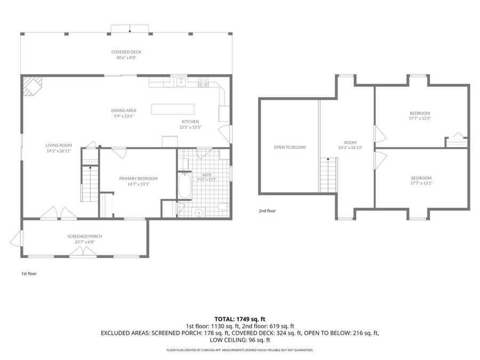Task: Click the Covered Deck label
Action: click(x=126, y=52)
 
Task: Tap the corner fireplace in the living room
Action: click(x=32, y=86)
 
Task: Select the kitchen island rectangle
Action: click(x=173, y=109)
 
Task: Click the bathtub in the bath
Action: click(x=185, y=186)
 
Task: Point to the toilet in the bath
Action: click(x=222, y=207)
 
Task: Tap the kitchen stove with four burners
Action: click(x=203, y=82)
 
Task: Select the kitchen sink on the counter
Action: click(x=181, y=82)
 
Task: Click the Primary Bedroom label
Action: click(x=138, y=179)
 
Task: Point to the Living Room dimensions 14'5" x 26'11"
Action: click(x=59, y=151)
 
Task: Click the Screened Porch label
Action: click(x=85, y=236)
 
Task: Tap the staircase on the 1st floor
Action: click(x=90, y=183)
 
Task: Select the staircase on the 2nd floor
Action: click(x=329, y=175)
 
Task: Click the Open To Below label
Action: click(x=290, y=147)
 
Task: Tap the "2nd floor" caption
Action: click(x=267, y=211)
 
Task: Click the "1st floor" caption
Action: click(x=29, y=274)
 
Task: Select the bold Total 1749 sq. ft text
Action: click(x=239, y=319)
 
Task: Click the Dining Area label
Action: click(x=124, y=110)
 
